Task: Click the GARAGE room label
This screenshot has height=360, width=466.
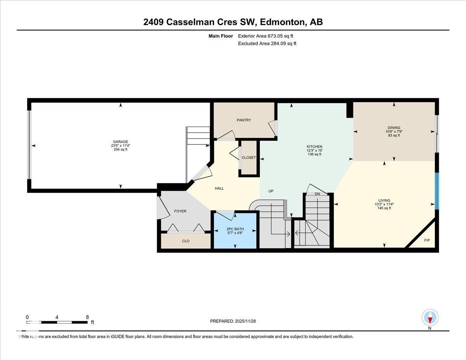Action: (120, 142)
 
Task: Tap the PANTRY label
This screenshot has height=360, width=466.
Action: (244, 120)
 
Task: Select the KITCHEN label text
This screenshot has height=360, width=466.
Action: (314, 146)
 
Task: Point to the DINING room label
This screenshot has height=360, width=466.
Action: (394, 128)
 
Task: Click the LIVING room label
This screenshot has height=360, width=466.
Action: (384, 200)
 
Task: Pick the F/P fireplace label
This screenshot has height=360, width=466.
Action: (427, 240)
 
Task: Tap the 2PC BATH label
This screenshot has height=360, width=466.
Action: (235, 229)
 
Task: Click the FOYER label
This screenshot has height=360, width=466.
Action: (180, 211)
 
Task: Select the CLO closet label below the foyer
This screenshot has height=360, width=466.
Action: (186, 241)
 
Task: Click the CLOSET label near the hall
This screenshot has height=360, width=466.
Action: (249, 158)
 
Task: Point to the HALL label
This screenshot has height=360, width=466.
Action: (219, 188)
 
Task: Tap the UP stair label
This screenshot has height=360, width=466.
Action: (271, 191)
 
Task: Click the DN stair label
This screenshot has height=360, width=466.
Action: (317, 194)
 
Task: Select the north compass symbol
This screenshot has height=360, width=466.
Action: (430, 318)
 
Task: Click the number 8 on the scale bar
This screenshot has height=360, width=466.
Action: (87, 317)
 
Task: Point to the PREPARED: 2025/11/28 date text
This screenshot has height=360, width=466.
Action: (233, 321)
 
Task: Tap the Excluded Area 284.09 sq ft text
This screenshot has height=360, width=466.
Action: (267, 43)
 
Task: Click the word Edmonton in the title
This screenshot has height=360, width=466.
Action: (282, 22)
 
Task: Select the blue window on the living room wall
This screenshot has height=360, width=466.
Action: (436, 191)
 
